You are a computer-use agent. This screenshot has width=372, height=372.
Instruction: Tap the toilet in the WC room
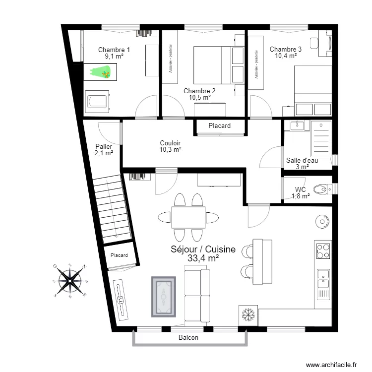(x=324, y=189)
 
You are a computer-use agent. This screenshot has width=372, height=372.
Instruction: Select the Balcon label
(x=188, y=338)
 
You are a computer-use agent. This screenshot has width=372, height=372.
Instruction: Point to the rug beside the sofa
(x=163, y=297)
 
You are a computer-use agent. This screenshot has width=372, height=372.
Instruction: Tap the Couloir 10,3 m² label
(x=170, y=146)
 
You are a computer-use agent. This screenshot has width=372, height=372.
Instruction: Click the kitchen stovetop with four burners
(x=323, y=250)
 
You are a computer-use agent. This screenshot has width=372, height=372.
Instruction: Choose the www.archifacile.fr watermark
(x=332, y=365)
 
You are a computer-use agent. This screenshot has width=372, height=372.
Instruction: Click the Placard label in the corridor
(x=219, y=126)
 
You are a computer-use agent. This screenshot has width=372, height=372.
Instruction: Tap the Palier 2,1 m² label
(x=103, y=150)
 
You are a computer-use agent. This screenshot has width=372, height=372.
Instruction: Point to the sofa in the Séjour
(x=197, y=293)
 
